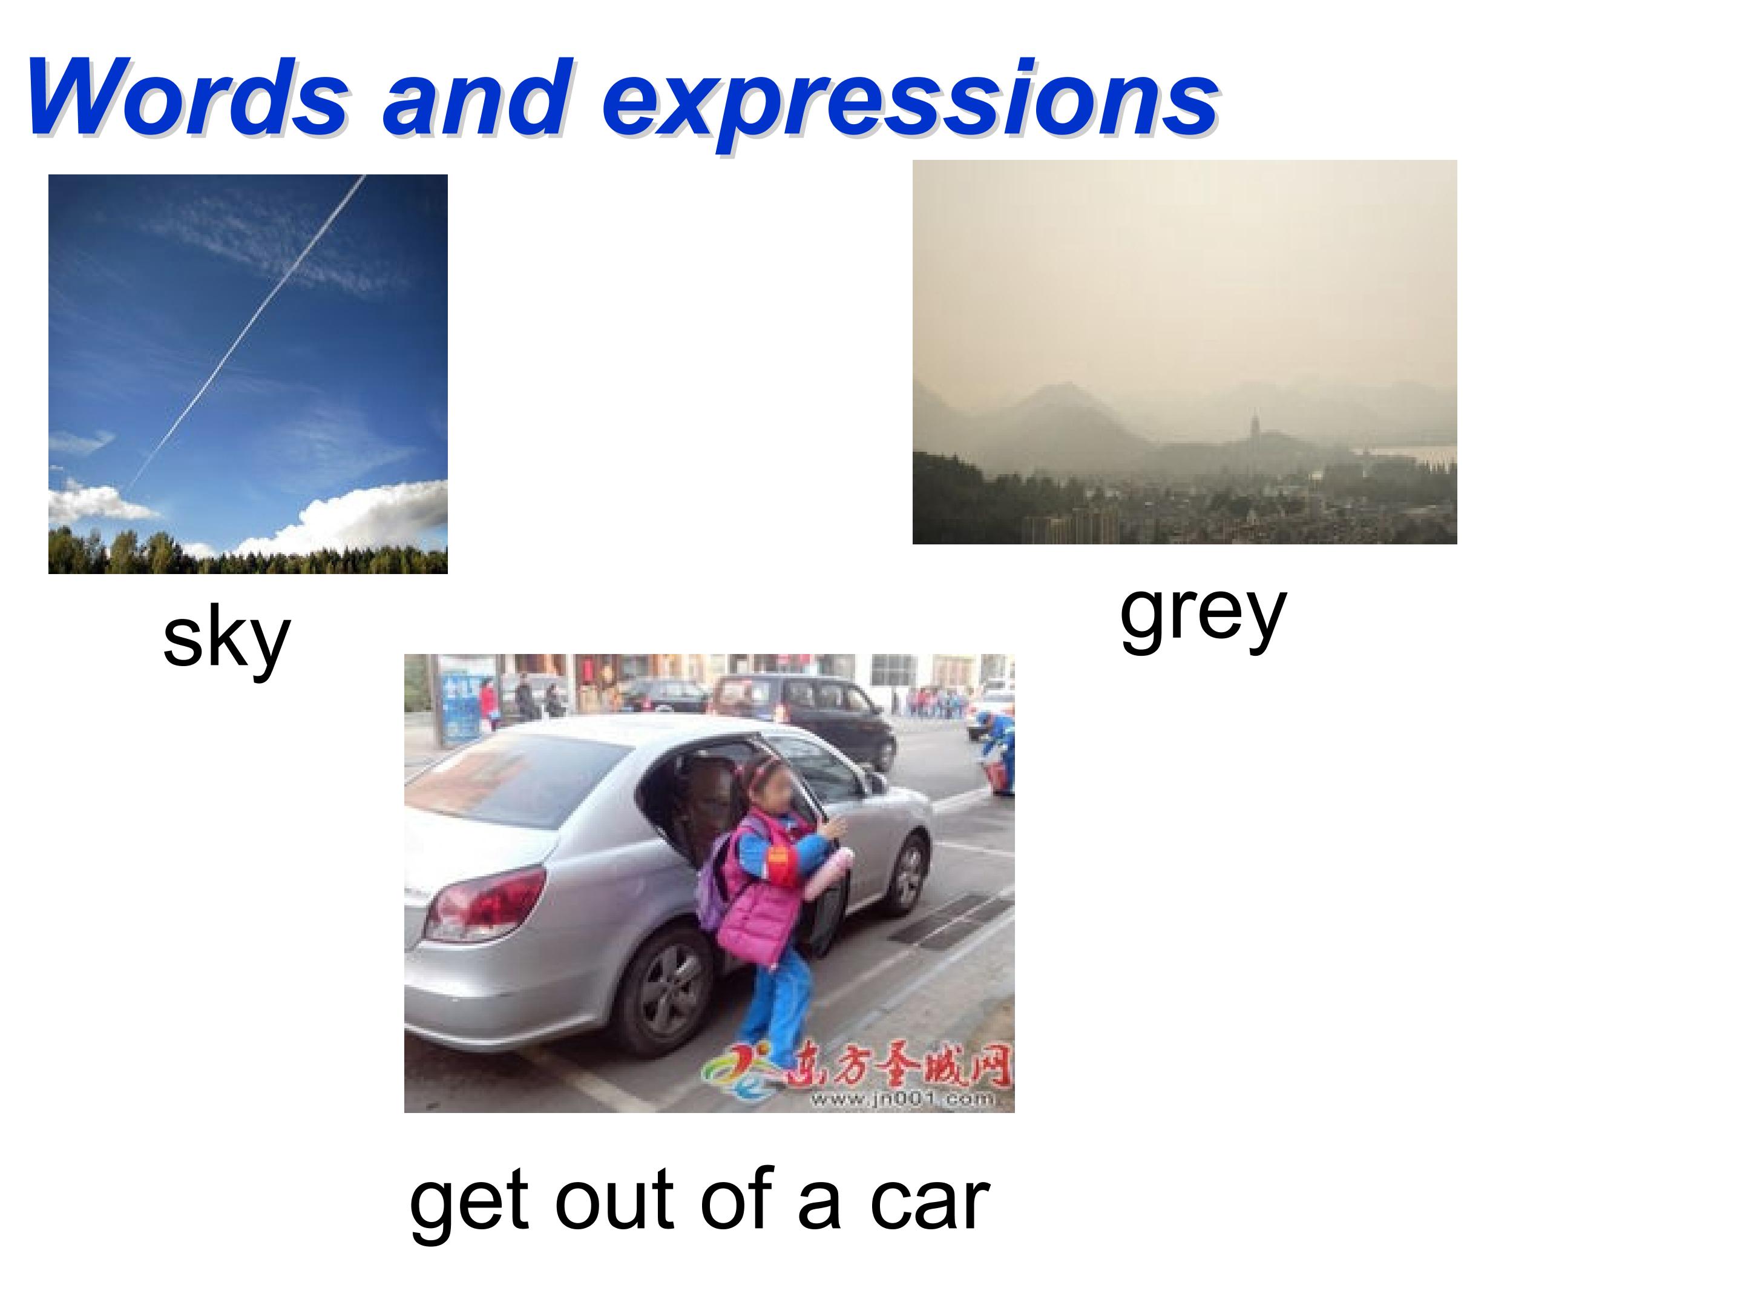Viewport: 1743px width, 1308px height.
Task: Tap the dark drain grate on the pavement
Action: [950, 919]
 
